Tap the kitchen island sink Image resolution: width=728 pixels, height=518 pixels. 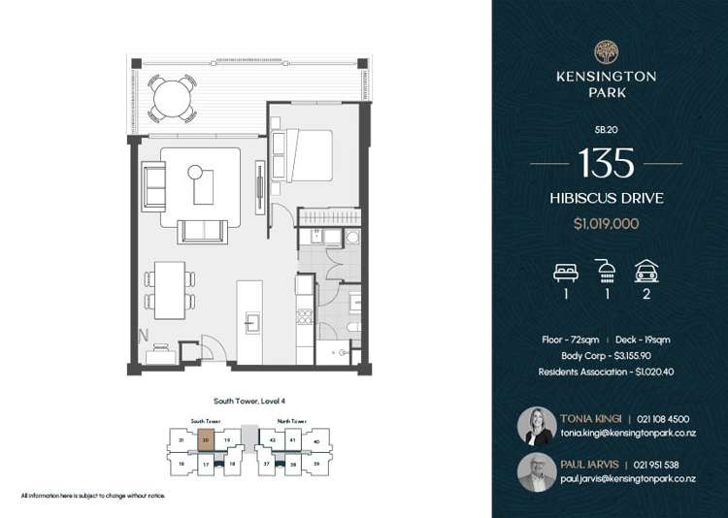coord(253,322)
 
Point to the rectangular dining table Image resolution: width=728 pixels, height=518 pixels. coord(170,290)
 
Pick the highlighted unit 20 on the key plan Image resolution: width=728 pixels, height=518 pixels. coord(206,439)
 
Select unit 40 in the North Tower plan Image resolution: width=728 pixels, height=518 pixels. coord(316,442)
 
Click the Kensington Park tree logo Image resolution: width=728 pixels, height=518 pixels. coord(607,49)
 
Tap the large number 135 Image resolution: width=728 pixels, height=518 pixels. coord(607,162)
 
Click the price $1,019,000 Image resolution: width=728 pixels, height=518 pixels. coord(607,223)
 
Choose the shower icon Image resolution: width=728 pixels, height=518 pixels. coord(606,271)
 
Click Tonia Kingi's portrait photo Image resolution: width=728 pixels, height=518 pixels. coord(537,426)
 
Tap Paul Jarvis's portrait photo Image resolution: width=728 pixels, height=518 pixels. coord(537,471)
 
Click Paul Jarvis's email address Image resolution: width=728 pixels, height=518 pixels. coord(628,479)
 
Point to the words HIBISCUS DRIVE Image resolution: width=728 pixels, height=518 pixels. coord(607,198)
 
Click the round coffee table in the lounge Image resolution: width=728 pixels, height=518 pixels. coord(194,173)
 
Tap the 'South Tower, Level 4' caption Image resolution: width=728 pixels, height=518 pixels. coord(248,401)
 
